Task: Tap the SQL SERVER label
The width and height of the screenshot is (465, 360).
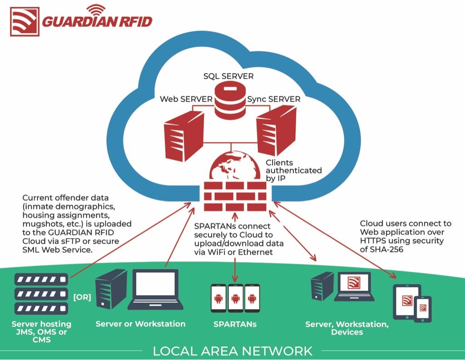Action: [x=228, y=75]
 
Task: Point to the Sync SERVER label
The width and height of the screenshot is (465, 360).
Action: [x=274, y=99]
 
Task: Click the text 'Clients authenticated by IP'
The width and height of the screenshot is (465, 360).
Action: [x=293, y=170]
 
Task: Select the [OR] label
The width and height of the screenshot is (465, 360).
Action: [x=82, y=297]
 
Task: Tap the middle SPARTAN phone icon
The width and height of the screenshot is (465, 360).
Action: [x=235, y=298]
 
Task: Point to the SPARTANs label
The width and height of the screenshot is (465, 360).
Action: [x=235, y=324]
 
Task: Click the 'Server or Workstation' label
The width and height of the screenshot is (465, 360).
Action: [x=140, y=324]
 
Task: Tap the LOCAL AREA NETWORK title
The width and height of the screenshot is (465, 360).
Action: [x=232, y=351]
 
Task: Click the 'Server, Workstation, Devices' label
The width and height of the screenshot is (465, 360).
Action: [x=346, y=328]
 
